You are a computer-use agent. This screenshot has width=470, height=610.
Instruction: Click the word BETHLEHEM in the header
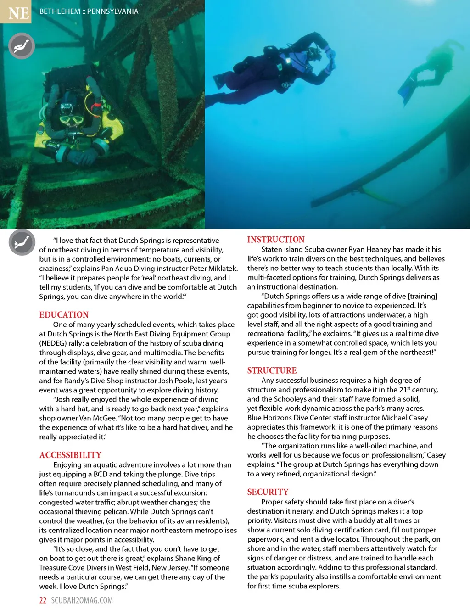tap(60, 11)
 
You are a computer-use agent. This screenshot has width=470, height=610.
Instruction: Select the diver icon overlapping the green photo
tap(22, 46)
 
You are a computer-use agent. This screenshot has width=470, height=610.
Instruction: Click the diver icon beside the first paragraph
tap(22, 242)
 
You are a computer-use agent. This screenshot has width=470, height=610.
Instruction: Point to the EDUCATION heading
tap(64, 315)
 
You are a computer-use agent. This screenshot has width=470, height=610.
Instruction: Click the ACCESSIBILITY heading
tap(70, 455)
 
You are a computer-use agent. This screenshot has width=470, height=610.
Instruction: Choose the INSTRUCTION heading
tap(276, 240)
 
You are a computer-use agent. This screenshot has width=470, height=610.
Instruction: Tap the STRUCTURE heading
tap(272, 370)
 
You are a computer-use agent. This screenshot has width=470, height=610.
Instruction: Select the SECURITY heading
tap(268, 492)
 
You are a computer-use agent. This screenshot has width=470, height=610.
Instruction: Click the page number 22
tap(43, 600)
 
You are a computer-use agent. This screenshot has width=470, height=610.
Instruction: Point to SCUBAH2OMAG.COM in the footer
tap(82, 600)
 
